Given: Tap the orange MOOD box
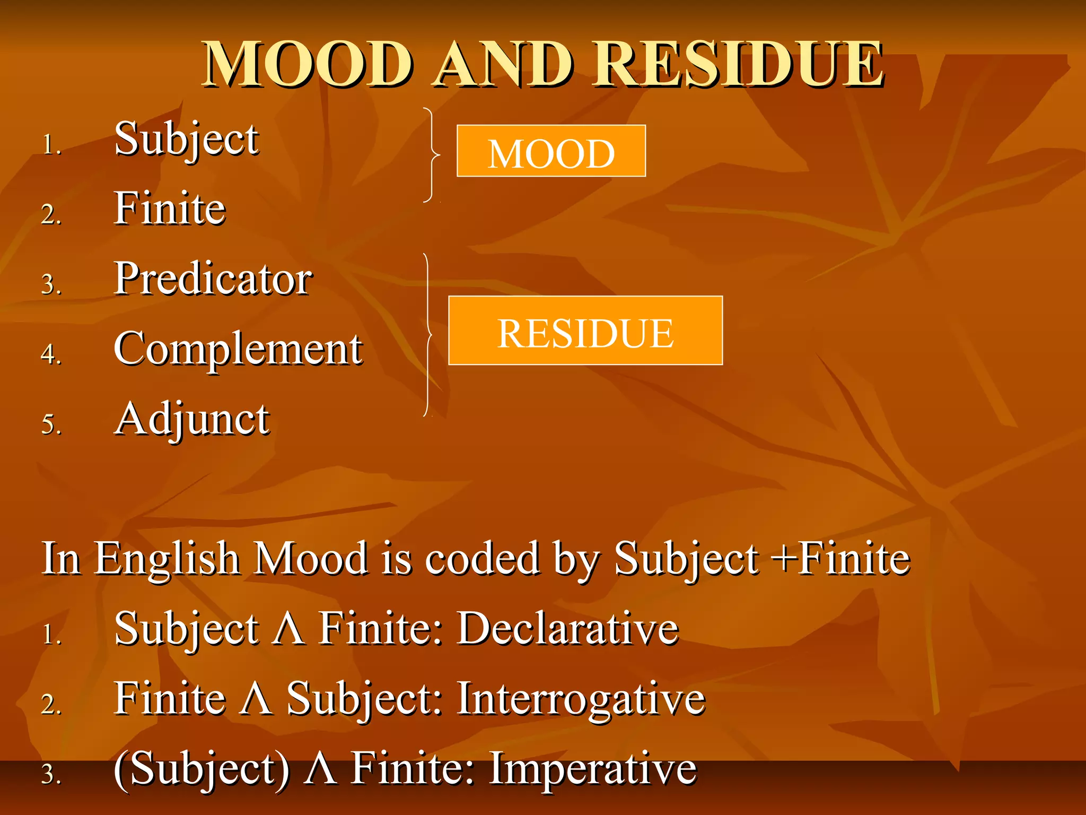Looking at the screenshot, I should pos(551,151).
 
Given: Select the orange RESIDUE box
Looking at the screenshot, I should pos(585,331).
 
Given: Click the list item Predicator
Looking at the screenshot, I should pos(213,279).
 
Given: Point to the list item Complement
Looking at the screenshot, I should pos(238,349).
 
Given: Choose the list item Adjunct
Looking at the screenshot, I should pos(192,419).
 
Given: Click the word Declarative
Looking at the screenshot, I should pos(568,628).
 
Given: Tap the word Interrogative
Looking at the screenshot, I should pos(581,699).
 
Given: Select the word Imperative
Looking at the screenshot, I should pos(593,768).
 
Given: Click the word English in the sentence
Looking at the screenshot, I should pos(168,559).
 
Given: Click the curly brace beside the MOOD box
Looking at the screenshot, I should pos(432,155).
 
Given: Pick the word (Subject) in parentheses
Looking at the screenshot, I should pos(202,769).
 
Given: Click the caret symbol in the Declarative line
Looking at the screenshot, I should pos(288,629).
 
